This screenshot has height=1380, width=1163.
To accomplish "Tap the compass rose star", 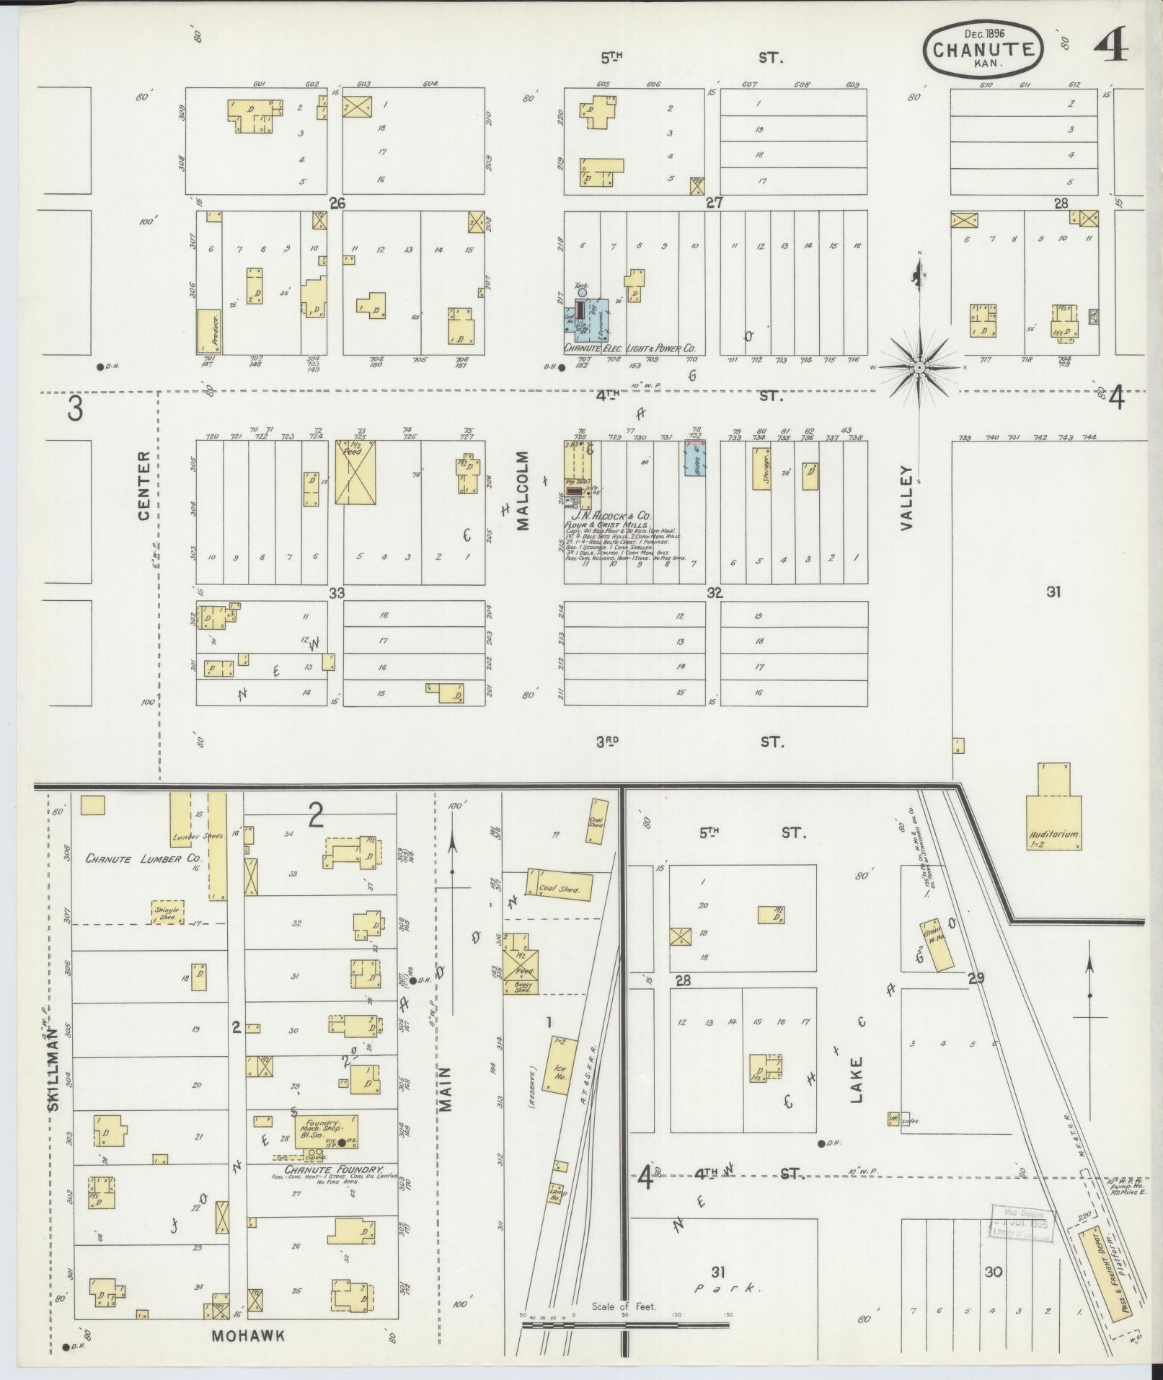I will [x=919, y=369].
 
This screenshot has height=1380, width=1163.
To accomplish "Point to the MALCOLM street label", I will [x=522, y=491].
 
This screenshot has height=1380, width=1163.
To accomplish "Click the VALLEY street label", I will [x=906, y=498].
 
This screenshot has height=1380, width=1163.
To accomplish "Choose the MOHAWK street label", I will [x=248, y=1335].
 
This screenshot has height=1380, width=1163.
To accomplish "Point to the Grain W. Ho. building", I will [x=937, y=944].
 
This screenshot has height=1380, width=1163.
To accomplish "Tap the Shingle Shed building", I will [x=167, y=912].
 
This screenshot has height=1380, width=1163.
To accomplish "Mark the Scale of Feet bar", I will [x=624, y=1324].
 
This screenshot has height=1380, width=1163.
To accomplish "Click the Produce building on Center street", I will [x=208, y=331].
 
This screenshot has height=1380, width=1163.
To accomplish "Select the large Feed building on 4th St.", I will [x=355, y=473].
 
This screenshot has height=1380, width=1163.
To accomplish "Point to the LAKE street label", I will [x=857, y=1080].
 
